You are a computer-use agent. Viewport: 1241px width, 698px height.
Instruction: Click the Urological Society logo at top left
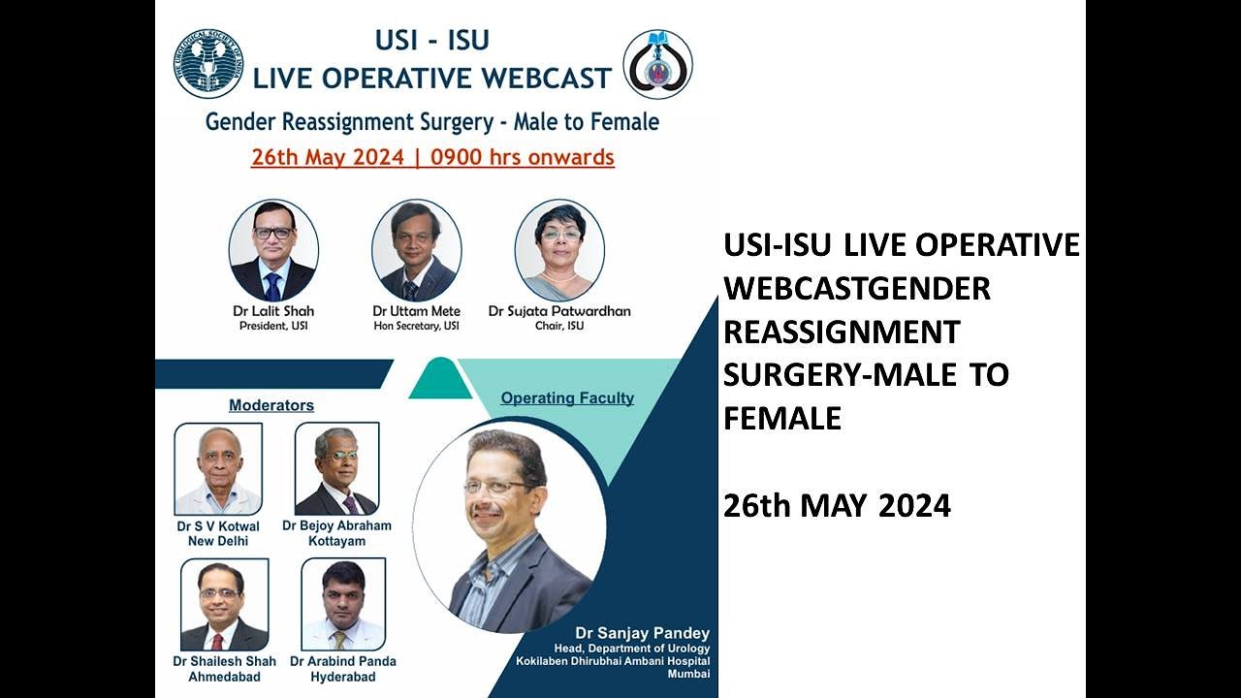point(208,64)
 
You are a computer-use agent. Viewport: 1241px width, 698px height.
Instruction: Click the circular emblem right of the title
point(657,64)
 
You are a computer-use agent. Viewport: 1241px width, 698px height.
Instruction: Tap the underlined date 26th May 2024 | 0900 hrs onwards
point(432,157)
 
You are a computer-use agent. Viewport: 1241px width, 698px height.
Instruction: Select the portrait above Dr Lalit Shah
point(273,250)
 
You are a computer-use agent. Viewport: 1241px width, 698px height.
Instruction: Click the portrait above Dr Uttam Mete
point(417,250)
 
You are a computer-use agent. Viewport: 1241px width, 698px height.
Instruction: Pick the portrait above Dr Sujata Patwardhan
point(559,250)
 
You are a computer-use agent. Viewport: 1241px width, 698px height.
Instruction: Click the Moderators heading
point(271,405)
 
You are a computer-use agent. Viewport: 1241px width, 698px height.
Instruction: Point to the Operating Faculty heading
point(567,397)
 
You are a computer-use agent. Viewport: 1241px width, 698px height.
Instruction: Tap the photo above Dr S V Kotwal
point(218,469)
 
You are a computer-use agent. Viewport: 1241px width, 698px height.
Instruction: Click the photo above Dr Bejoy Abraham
point(336,469)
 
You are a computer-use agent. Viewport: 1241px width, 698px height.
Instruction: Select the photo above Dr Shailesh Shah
point(224,605)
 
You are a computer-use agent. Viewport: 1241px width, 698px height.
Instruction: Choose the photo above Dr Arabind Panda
point(343,605)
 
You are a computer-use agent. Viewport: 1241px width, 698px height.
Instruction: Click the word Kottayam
point(336,541)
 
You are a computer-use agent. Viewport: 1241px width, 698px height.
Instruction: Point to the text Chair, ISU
point(559,326)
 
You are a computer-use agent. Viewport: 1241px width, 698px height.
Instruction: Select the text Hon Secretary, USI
point(417,326)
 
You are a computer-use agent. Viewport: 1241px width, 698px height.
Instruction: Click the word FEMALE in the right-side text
point(782,419)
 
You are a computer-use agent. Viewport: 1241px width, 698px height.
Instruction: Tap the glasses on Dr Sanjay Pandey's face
point(495,487)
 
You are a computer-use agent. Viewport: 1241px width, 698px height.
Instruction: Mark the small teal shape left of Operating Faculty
point(439,379)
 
